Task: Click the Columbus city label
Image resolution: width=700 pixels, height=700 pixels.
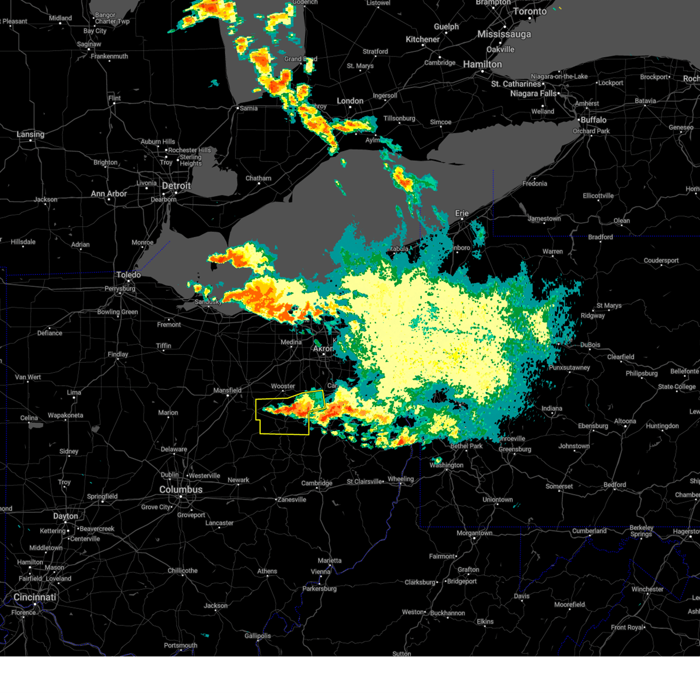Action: point(181,489)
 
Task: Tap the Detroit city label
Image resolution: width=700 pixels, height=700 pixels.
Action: point(176,186)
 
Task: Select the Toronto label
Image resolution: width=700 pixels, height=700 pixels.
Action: point(530,12)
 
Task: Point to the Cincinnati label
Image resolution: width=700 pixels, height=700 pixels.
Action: point(35,597)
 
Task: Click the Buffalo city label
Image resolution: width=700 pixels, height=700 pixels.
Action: point(593,120)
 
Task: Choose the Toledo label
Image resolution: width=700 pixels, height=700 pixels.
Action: point(128,275)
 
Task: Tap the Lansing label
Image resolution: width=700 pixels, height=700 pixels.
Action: point(30,134)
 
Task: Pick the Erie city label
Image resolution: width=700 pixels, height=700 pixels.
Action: point(462,213)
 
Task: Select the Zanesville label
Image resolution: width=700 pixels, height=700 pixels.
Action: point(292,499)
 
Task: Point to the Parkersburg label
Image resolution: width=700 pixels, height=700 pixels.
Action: point(320,589)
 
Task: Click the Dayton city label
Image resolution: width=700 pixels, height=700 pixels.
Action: point(65,516)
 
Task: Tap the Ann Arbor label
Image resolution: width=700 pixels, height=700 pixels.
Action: point(109,194)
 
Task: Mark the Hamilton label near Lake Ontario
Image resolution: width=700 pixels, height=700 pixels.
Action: point(482,64)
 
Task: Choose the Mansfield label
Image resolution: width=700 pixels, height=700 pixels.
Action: point(228,390)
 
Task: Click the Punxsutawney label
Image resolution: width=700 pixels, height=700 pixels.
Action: point(569,368)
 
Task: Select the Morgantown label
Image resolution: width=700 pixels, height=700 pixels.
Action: point(474,533)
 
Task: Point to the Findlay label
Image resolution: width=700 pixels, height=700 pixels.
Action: point(118,354)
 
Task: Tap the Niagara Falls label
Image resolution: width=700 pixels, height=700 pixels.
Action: point(533,93)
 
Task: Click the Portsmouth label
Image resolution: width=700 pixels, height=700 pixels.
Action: point(181,645)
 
